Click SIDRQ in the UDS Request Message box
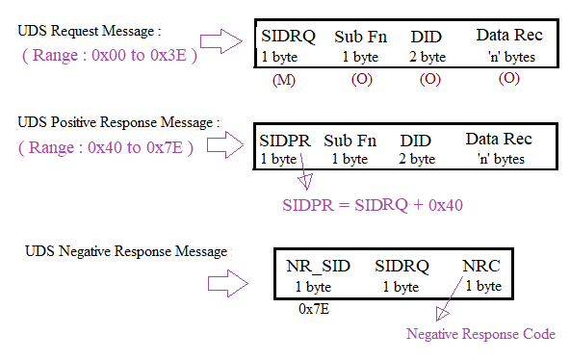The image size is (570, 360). click(287, 37)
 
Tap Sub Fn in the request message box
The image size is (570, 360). click(361, 37)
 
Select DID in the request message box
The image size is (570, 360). click(426, 37)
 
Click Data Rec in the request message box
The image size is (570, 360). click(509, 36)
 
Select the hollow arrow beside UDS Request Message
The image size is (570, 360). click(229, 40)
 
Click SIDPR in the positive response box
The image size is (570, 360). click(286, 140)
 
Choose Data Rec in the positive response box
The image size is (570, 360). click(498, 139)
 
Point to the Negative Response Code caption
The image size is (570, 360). click(479, 334)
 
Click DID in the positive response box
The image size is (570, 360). click(416, 140)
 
